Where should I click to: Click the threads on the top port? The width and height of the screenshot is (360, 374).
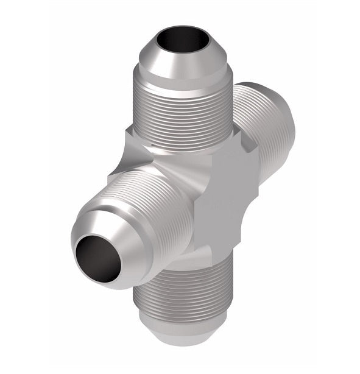(183, 116)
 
